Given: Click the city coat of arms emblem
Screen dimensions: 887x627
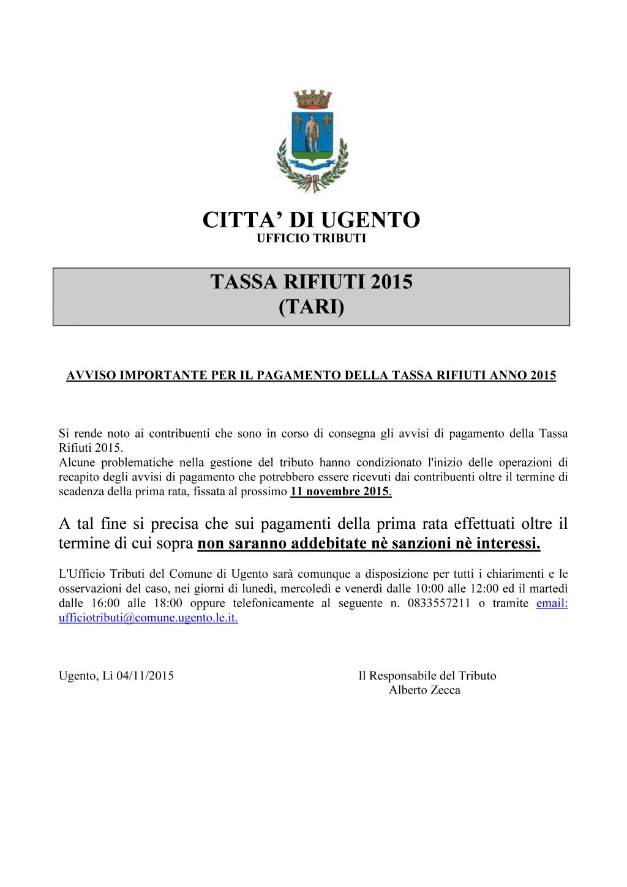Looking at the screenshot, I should (x=312, y=142).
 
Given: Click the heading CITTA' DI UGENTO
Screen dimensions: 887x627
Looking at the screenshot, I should (x=311, y=220).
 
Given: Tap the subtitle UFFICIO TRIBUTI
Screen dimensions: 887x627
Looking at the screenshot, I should (x=311, y=238).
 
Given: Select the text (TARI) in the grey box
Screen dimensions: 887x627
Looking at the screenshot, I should (x=311, y=307).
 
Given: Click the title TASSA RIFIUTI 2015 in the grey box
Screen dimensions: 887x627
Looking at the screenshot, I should (x=311, y=282).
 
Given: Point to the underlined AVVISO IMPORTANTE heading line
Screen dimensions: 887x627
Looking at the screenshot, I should (x=311, y=375).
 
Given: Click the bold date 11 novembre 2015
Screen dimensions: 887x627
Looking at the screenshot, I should (x=340, y=491).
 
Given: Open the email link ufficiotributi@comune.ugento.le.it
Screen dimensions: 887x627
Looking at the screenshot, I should (x=148, y=618).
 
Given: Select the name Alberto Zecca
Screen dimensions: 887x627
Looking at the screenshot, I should (x=424, y=691).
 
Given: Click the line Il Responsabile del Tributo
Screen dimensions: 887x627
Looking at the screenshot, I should (x=427, y=676).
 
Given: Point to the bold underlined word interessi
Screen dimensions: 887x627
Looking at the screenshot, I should (x=508, y=544).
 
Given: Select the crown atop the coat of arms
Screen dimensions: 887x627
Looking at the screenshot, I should (x=312, y=99).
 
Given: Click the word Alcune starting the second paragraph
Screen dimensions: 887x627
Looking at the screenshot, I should (x=77, y=462).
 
